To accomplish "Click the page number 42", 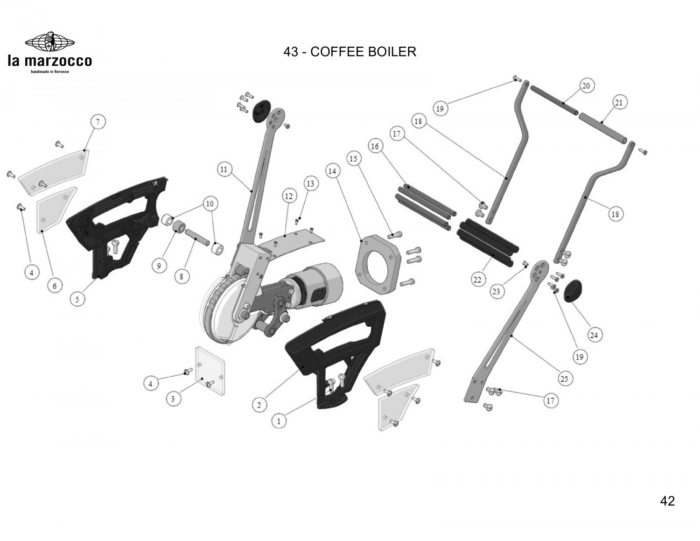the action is click(667, 501).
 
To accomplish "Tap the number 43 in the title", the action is click(291, 52).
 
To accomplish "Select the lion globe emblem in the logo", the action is click(50, 42).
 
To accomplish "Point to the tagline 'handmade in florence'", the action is click(50, 71).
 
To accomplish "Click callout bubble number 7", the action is click(98, 122).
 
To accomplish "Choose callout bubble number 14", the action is click(332, 171).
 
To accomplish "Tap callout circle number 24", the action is click(594, 335).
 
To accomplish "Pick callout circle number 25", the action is click(564, 378).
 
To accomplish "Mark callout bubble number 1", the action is click(279, 421).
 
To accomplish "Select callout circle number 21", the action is click(619, 103).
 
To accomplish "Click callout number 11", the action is click(224, 169).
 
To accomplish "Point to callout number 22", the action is click(477, 279).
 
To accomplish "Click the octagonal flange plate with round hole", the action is click(378, 264).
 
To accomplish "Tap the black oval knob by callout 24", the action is click(573, 291).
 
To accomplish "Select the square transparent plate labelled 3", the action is click(210, 371).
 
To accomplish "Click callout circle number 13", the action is click(310, 183).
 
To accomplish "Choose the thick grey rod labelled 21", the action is click(603, 127).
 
